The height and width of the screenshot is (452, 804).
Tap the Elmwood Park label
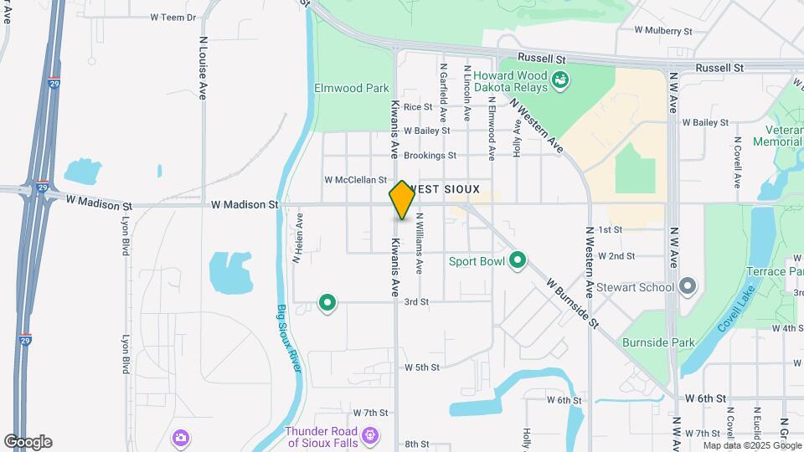[x=352, y=88]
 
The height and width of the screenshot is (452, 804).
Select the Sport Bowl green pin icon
[x=518, y=260]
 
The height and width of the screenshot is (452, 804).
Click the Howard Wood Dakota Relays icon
[x=561, y=81]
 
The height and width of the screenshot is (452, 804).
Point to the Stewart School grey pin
[x=688, y=287]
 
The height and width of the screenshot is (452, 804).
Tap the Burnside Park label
[x=659, y=342]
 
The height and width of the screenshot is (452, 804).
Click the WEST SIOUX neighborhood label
[x=446, y=190]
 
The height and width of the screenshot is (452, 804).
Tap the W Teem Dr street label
[x=173, y=17]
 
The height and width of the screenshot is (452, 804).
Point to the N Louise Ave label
[x=203, y=68]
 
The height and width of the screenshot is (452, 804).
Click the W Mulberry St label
[x=663, y=30]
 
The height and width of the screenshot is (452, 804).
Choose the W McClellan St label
[x=356, y=180]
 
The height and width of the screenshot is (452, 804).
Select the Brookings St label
[x=430, y=156]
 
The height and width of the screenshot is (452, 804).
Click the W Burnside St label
[x=573, y=304]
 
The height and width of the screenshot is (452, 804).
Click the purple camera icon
[x=180, y=438]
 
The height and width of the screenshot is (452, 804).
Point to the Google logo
[x=28, y=442]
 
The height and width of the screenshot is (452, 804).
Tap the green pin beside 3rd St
[x=327, y=302]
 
